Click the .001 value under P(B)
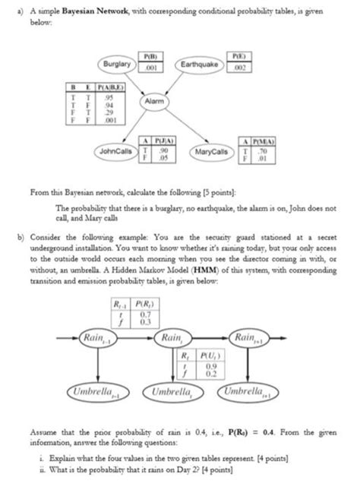(x=152, y=65)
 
